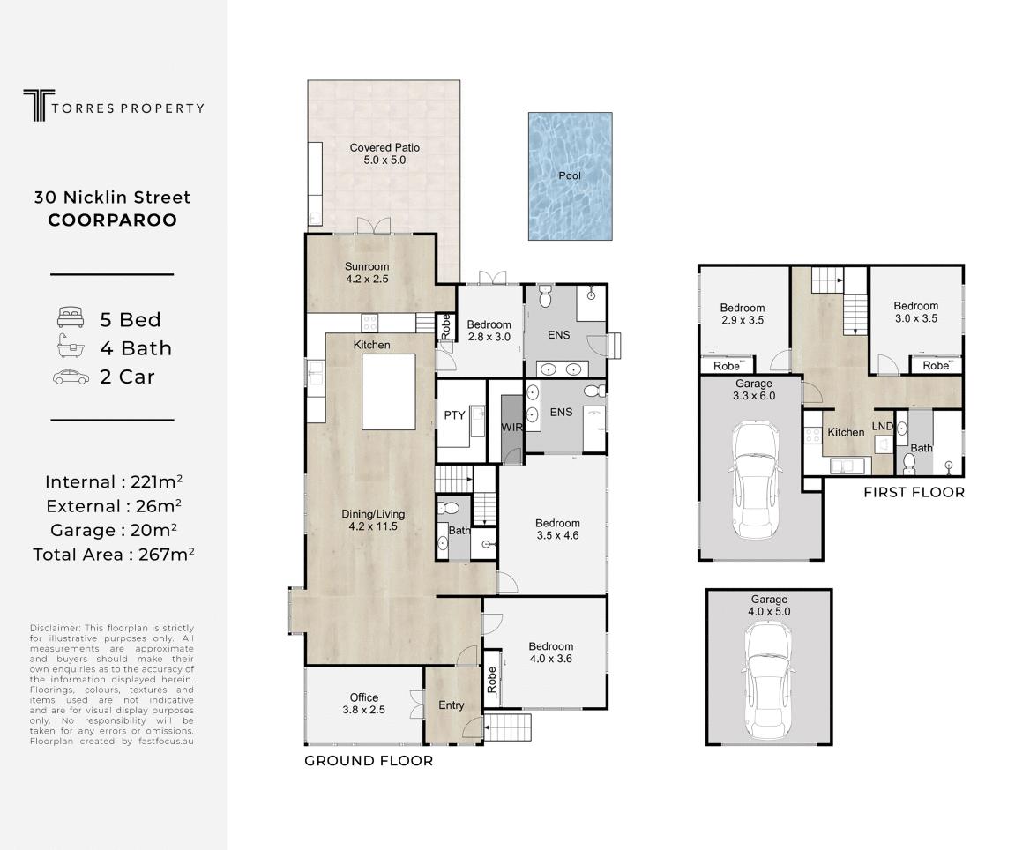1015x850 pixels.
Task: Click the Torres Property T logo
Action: [39, 106]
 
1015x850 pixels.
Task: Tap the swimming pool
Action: [571, 176]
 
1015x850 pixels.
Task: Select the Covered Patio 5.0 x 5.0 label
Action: [384, 153]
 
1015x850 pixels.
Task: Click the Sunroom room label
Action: [366, 272]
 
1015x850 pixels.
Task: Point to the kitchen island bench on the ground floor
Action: [388, 391]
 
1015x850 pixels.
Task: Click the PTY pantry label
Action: [454, 415]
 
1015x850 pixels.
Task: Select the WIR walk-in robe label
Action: [511, 428]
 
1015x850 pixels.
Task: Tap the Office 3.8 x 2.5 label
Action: [364, 703]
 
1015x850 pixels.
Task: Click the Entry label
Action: [452, 705]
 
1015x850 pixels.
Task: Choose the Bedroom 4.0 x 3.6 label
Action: [551, 652]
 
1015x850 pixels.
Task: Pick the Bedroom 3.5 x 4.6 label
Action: [557, 529]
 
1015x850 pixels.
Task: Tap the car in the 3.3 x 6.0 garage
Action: [756, 481]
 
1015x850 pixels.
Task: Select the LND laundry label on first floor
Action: [883, 426]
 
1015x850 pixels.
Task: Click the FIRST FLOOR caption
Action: [914, 493]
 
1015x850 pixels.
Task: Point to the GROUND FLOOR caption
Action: [369, 761]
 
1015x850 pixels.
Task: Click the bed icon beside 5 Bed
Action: [71, 317]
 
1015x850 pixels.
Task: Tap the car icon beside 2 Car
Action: [71, 377]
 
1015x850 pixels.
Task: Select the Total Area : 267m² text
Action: [114, 555]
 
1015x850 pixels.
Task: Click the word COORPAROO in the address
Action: [113, 220]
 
